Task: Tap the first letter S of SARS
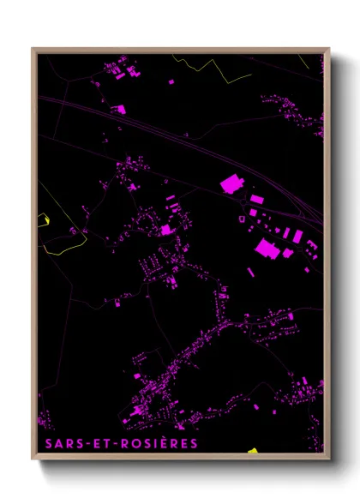[x=43, y=443]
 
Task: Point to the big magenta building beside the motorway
[x=231, y=183]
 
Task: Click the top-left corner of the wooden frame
[x=33, y=49]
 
